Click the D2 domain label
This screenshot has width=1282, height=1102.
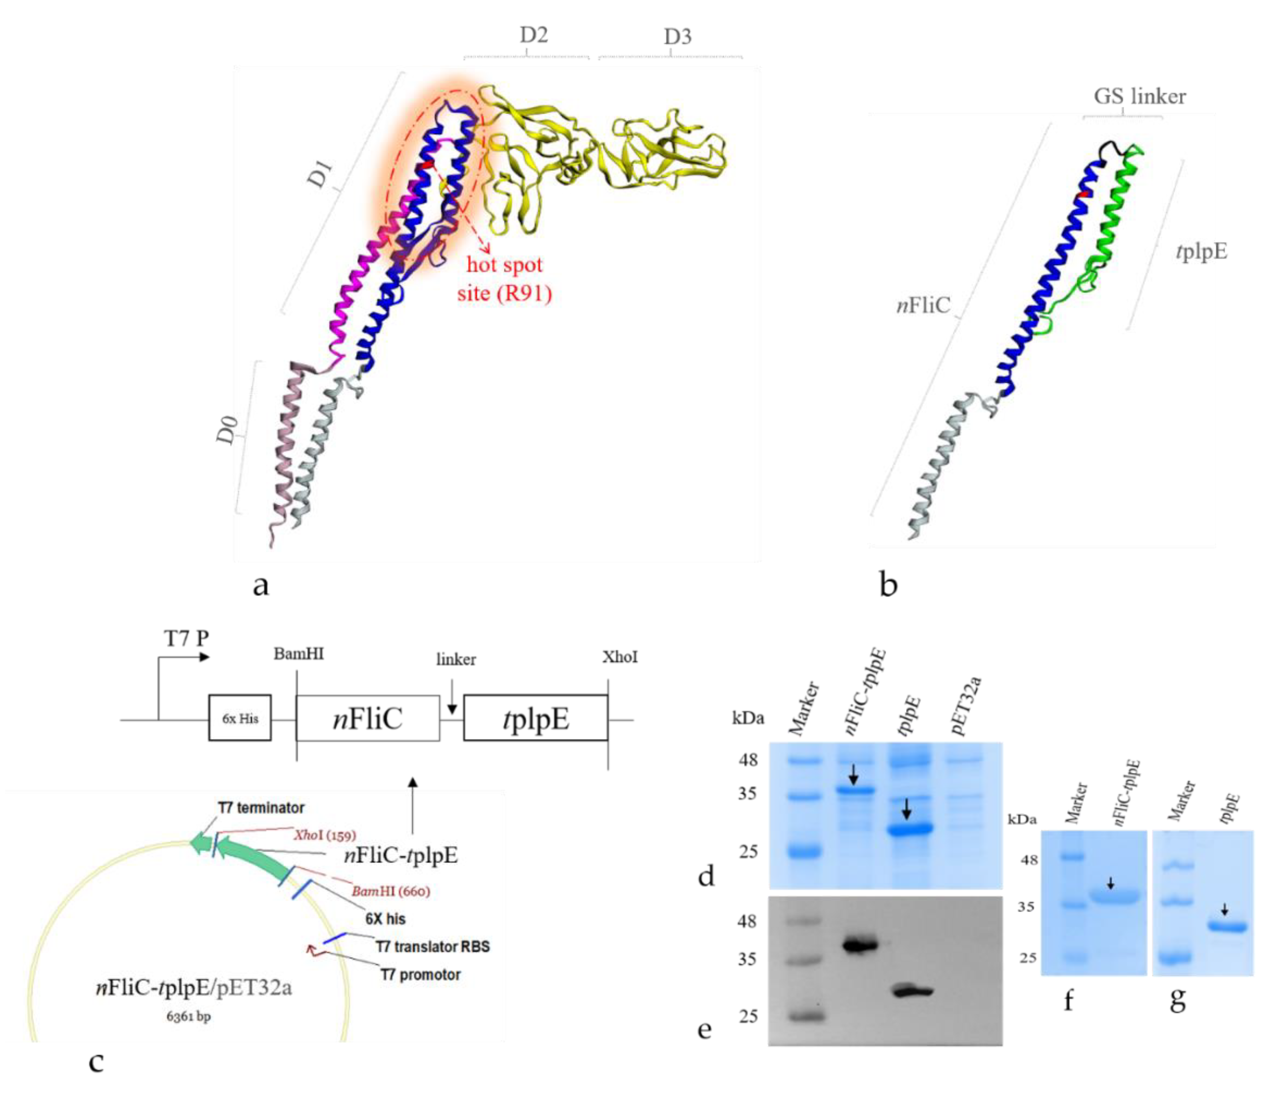tap(533, 35)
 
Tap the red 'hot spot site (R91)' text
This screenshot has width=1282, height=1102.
tap(504, 278)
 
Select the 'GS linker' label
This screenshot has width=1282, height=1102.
tap(1140, 96)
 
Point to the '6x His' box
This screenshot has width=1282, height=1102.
tap(240, 718)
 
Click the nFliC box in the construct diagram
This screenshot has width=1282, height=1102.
tap(367, 718)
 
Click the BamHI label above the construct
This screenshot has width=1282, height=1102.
tap(299, 654)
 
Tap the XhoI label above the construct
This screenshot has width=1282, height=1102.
tap(620, 657)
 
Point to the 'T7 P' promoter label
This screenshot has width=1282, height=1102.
tap(186, 638)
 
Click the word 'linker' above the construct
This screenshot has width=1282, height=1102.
tap(456, 659)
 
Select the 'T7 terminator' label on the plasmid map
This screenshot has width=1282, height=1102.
tap(261, 808)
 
